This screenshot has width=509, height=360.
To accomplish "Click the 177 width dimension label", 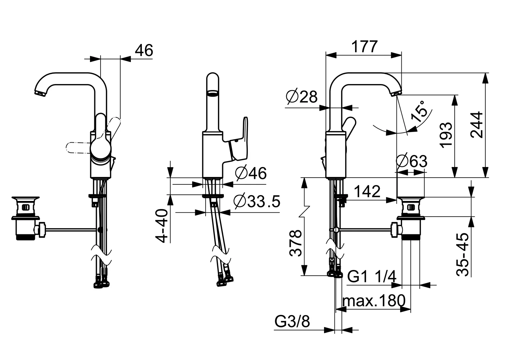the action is point(364,47).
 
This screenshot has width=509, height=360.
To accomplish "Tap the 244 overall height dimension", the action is point(476,125).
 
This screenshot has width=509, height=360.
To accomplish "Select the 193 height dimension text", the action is point(446,135).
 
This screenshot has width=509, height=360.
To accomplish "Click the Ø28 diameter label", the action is point(301,97).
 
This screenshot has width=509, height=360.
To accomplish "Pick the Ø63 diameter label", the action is point(411,161).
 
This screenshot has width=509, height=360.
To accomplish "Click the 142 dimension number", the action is point(367,191).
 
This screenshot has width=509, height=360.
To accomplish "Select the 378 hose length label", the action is point(295,243).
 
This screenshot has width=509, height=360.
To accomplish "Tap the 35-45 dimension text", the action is point(462,254).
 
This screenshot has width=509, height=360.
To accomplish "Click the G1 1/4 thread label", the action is point(372,276).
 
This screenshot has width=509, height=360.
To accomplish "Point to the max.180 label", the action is point(374,300).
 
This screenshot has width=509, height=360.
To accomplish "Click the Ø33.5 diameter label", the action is point(257,201).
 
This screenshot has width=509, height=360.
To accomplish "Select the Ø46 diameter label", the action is point(251,173).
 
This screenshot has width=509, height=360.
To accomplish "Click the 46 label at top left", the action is point(144,50).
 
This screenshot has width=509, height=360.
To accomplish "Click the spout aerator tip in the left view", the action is point(40,93).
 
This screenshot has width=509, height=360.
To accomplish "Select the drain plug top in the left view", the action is point(25,199).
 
